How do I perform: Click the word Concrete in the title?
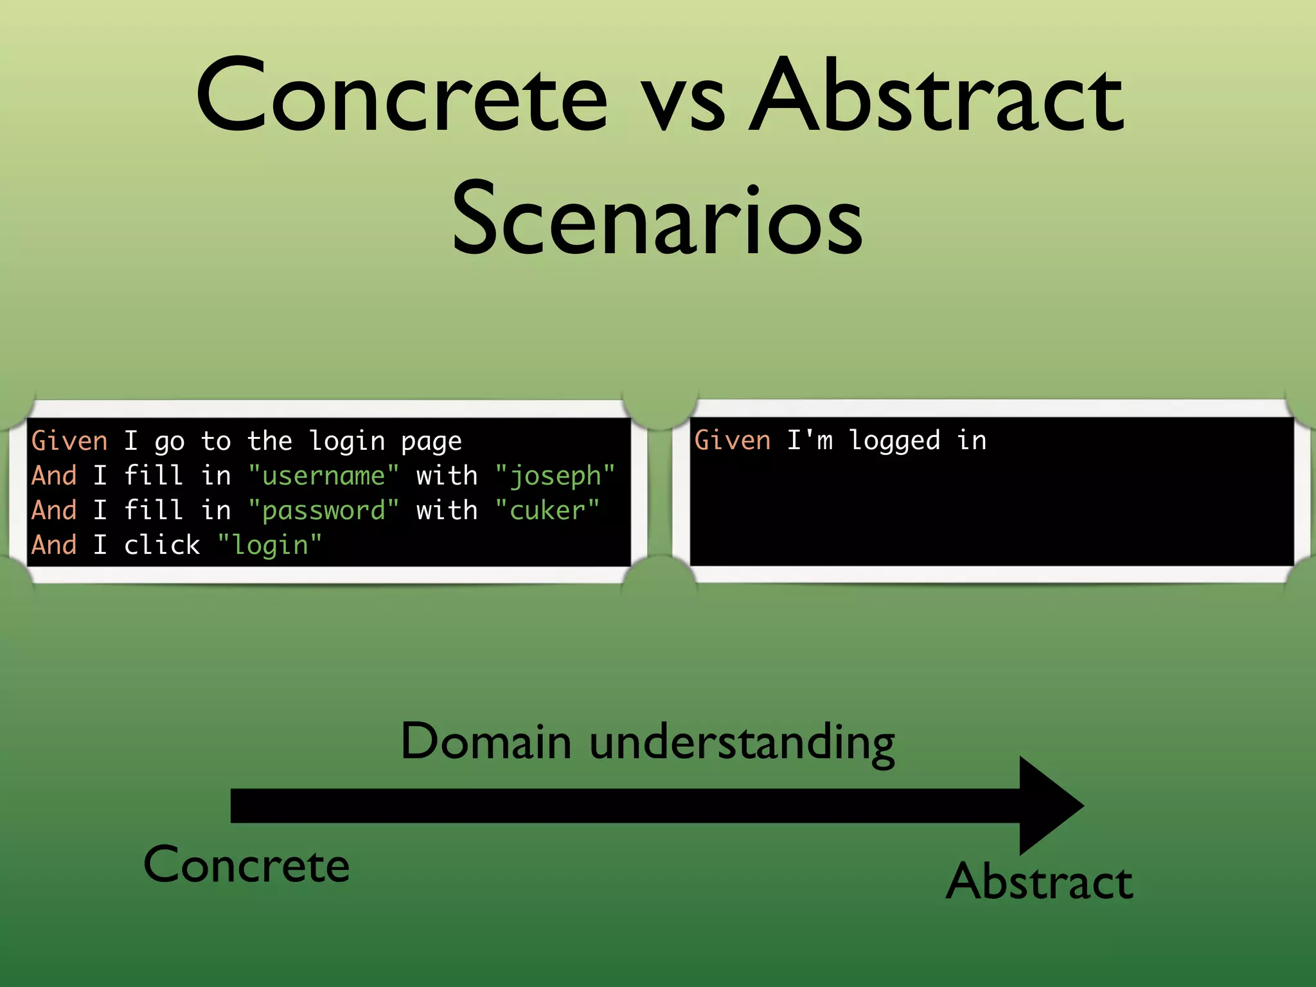(x=402, y=96)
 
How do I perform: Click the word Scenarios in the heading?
(x=657, y=218)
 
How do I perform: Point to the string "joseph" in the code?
(x=555, y=476)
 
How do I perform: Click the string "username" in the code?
(x=323, y=476)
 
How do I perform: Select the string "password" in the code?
(x=323, y=511)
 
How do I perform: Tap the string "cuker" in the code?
(x=547, y=511)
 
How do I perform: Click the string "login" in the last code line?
(x=269, y=546)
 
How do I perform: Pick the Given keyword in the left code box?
(x=69, y=441)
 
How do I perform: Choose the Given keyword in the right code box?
(x=732, y=441)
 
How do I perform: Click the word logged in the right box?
(x=894, y=441)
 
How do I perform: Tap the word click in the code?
(x=162, y=545)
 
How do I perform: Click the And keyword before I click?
(x=54, y=545)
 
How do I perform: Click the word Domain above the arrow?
(x=486, y=742)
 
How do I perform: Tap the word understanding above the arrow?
(x=742, y=743)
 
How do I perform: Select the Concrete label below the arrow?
(x=246, y=865)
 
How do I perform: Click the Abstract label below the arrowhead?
(x=1039, y=882)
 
